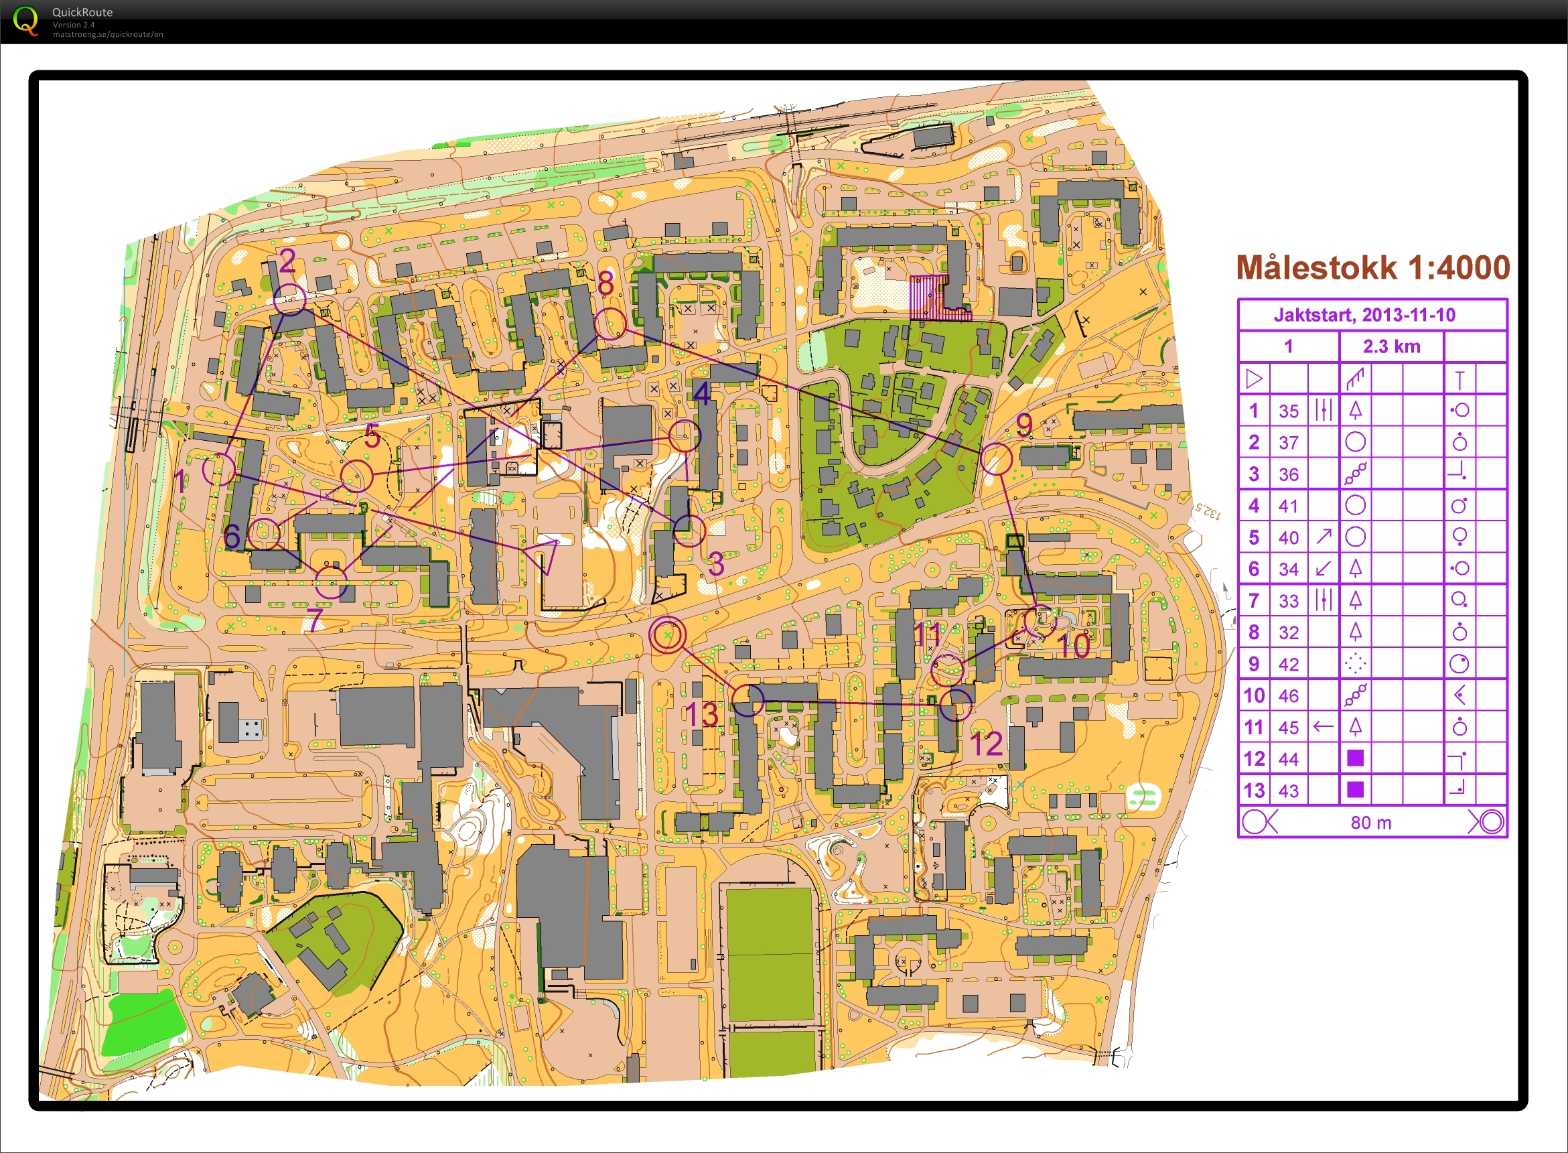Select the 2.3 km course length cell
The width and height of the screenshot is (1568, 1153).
(x=1391, y=347)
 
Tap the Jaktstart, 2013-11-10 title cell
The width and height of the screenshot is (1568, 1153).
(x=1364, y=315)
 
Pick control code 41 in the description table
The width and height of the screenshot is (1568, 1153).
(x=1288, y=506)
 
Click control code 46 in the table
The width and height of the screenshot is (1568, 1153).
(x=1288, y=696)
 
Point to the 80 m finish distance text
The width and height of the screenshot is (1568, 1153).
(x=1370, y=823)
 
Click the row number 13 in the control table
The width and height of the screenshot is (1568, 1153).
(x=1254, y=791)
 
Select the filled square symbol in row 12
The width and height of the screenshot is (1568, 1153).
(x=1355, y=758)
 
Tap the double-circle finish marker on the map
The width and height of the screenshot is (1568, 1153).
(x=668, y=635)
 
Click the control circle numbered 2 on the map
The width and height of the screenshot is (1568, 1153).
(x=289, y=299)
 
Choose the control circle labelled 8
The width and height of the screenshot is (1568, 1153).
(x=611, y=324)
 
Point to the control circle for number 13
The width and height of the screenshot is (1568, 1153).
(x=747, y=700)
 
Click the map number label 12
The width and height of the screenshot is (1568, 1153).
(x=986, y=745)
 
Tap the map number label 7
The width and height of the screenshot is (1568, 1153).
(x=315, y=619)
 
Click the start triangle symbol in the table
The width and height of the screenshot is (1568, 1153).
(x=1254, y=379)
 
